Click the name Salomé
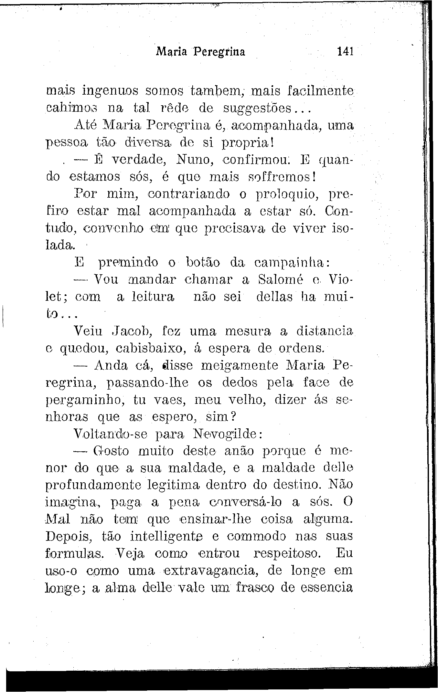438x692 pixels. pos(281,280)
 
